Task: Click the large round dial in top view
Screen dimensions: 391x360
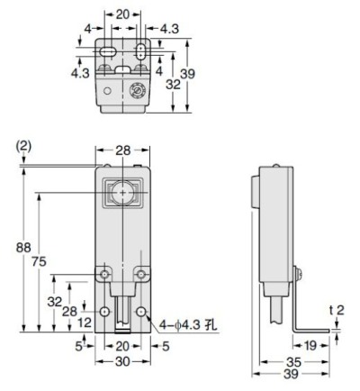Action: point(138,91)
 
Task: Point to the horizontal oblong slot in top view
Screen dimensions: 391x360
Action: point(106,54)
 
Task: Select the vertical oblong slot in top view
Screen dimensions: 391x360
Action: point(142,52)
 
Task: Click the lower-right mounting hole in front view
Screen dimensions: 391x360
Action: point(142,312)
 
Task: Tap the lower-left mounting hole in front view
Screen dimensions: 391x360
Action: point(105,312)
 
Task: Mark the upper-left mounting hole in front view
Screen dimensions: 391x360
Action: point(105,273)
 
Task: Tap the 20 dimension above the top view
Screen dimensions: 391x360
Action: point(123,15)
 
